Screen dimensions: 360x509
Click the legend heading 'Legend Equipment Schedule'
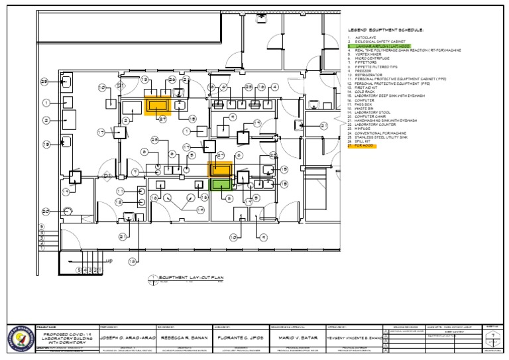pyautogui.click(x=385, y=30)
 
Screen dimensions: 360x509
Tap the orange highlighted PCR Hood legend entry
pyautogui.click(x=365, y=145)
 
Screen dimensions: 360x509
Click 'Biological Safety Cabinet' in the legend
pyautogui.click(x=378, y=42)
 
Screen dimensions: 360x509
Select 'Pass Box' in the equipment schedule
pyautogui.click(x=365, y=104)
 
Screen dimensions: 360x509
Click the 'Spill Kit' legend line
pyautogui.click(x=365, y=141)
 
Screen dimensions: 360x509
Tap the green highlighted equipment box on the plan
pyautogui.click(x=221, y=184)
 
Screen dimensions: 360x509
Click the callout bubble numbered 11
pyautogui.click(x=120, y=200)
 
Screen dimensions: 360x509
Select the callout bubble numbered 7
pyautogui.click(x=135, y=172)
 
